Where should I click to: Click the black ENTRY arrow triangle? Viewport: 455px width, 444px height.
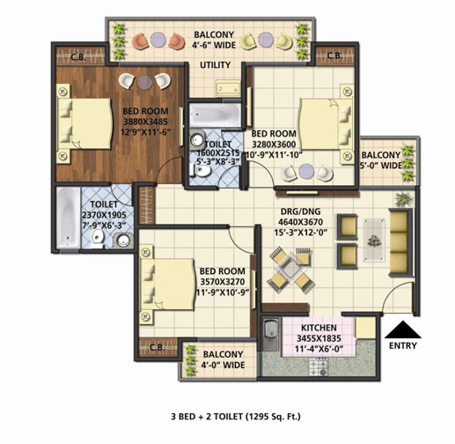click(403, 329)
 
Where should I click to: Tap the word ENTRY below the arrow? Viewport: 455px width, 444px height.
click(403, 345)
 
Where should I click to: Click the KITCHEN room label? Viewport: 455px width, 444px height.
click(319, 328)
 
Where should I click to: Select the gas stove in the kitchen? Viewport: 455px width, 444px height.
click(318, 367)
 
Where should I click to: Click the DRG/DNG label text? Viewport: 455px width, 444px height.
click(301, 211)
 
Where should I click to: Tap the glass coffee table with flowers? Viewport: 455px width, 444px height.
click(374, 240)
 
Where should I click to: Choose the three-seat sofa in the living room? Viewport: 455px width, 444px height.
click(400, 242)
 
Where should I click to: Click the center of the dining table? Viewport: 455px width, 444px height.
click(290, 268)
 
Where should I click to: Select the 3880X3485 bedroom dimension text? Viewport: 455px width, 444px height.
click(145, 122)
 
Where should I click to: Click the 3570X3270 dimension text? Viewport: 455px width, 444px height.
click(223, 282)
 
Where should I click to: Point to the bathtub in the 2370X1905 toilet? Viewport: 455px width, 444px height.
click(68, 218)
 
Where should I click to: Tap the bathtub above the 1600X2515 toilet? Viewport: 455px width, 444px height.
click(215, 115)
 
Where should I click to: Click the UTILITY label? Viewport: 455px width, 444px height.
click(215, 65)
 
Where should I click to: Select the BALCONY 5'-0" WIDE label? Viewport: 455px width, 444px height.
click(381, 160)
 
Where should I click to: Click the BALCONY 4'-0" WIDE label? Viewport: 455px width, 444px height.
click(223, 359)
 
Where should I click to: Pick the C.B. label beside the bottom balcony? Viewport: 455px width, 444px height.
click(158, 347)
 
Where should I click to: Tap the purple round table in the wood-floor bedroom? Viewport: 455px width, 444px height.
click(144, 82)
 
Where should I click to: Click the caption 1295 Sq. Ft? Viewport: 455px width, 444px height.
click(273, 417)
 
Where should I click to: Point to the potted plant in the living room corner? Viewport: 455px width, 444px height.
click(403, 199)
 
